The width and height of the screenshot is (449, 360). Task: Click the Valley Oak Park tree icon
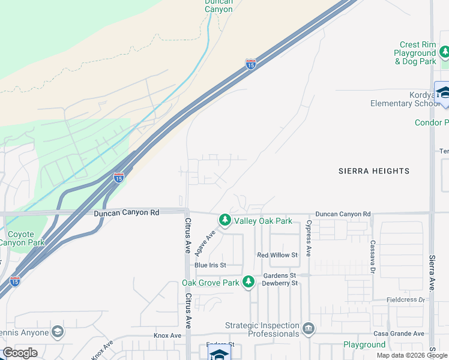pos(225,220)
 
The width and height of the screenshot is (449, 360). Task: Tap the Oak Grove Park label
pos(211,283)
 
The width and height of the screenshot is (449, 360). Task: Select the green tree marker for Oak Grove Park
pos(249,282)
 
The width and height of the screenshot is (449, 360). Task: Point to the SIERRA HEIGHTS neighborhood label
pos(373,171)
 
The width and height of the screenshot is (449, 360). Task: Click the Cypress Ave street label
pos(309,238)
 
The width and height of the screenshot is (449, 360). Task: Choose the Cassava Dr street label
pos(373,254)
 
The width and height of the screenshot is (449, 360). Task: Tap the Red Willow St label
pos(277,255)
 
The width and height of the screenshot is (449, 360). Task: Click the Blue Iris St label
pos(209,265)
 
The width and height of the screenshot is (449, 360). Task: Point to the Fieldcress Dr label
pos(406,299)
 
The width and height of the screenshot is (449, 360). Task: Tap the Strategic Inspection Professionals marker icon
pos(309,328)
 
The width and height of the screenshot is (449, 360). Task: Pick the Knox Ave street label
pos(167,335)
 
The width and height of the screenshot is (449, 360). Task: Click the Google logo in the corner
pos(20,353)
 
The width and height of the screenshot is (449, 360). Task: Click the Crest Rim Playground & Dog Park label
pos(415,53)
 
